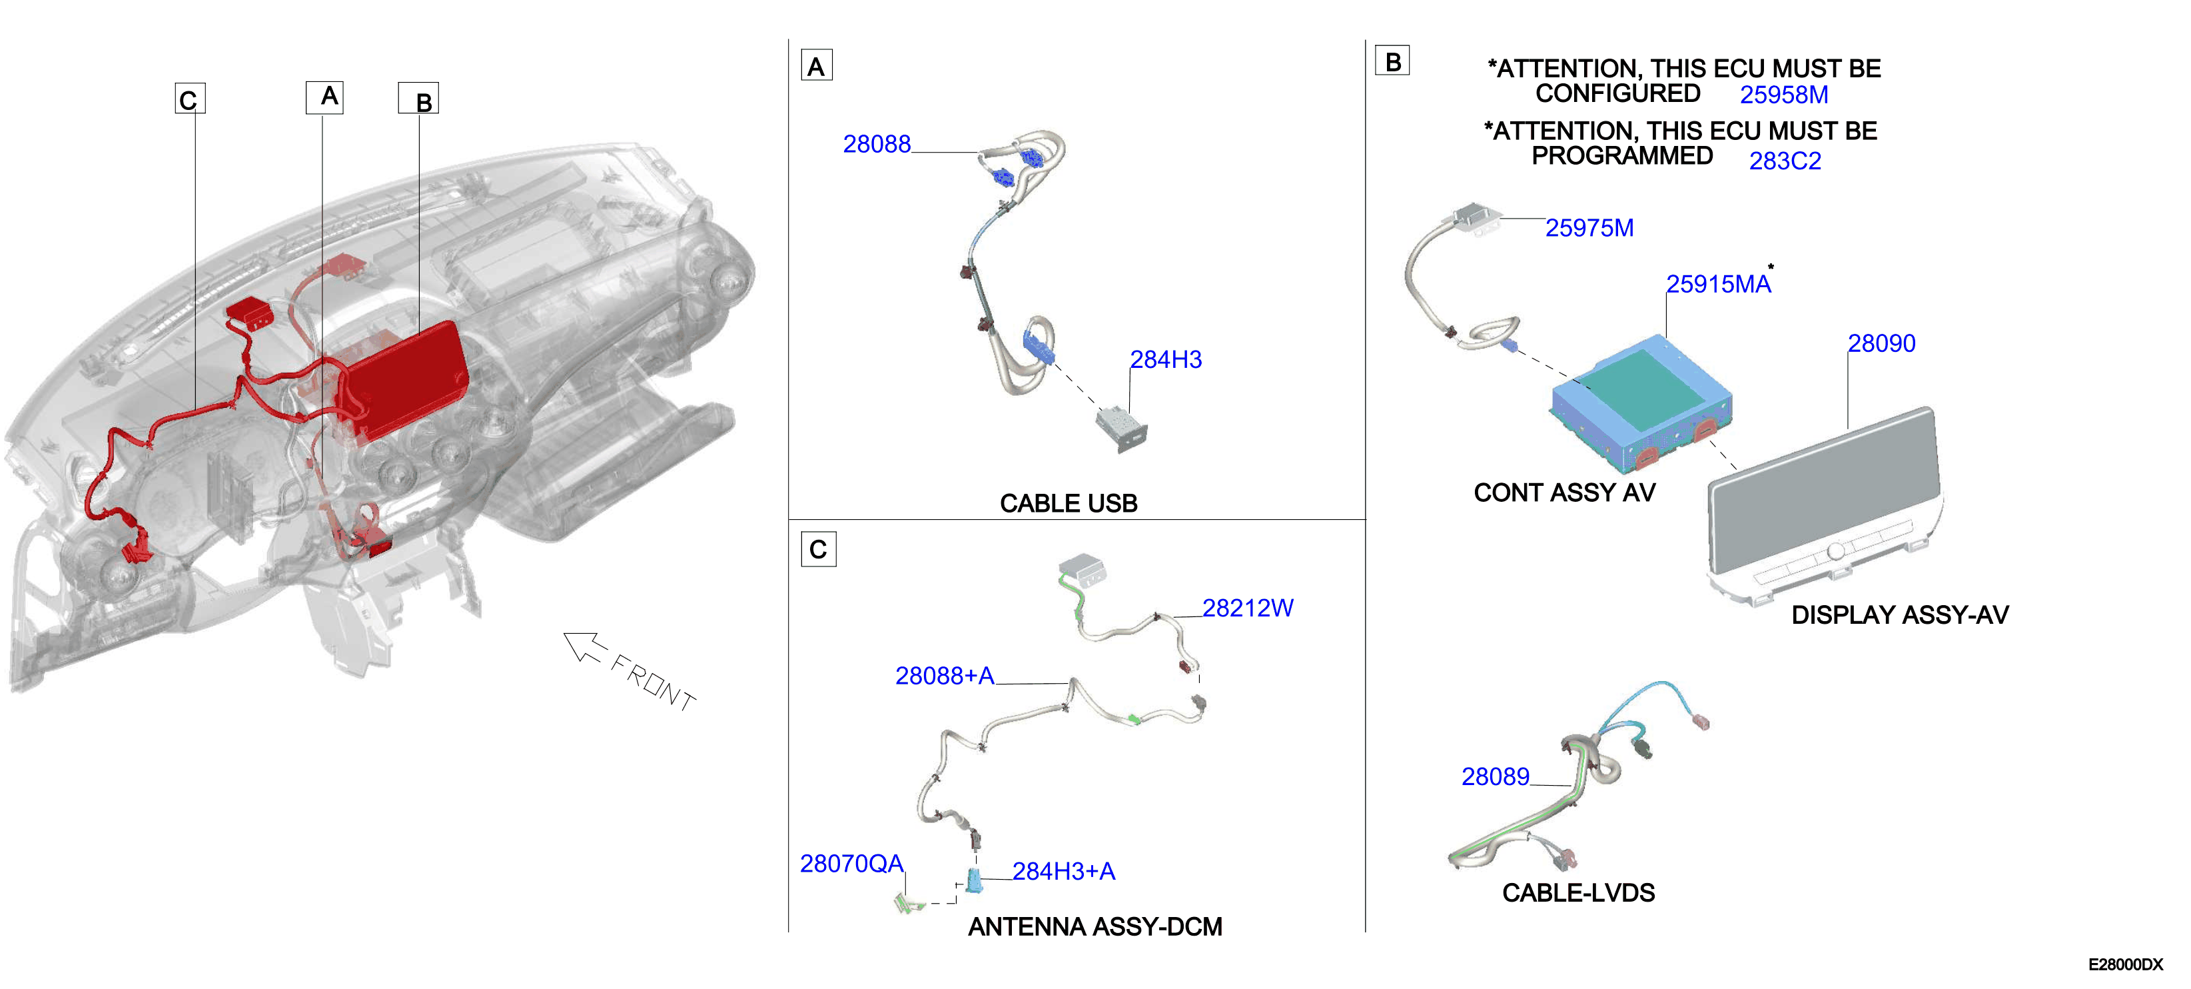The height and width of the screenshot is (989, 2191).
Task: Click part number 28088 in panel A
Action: pos(876,144)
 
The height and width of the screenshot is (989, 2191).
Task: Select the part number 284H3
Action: pos(1165,359)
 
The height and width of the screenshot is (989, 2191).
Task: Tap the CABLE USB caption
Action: pos(1069,503)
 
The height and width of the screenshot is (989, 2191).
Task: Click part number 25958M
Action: pos(1783,95)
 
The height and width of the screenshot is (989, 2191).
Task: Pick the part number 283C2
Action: pos(1785,161)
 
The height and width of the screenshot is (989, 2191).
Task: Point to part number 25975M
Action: pos(1589,228)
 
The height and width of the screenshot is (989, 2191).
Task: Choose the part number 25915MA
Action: pos(1718,285)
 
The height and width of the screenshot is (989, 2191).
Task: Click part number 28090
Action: pos(1881,343)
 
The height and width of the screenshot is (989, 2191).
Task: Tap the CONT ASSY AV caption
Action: pos(1564,493)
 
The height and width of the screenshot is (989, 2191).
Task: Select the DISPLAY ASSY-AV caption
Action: pos(1899,614)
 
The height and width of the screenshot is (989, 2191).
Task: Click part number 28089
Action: pos(1496,776)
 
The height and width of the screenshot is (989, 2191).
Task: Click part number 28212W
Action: pos(1247,608)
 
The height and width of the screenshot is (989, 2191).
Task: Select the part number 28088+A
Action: pos(944,676)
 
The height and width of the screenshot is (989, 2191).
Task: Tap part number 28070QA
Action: pos(851,864)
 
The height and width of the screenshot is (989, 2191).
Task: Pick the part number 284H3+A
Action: pos(1063,872)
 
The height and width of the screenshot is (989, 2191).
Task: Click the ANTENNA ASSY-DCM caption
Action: pos(1095,927)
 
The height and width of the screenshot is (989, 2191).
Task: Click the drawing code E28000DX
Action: pos(2124,964)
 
